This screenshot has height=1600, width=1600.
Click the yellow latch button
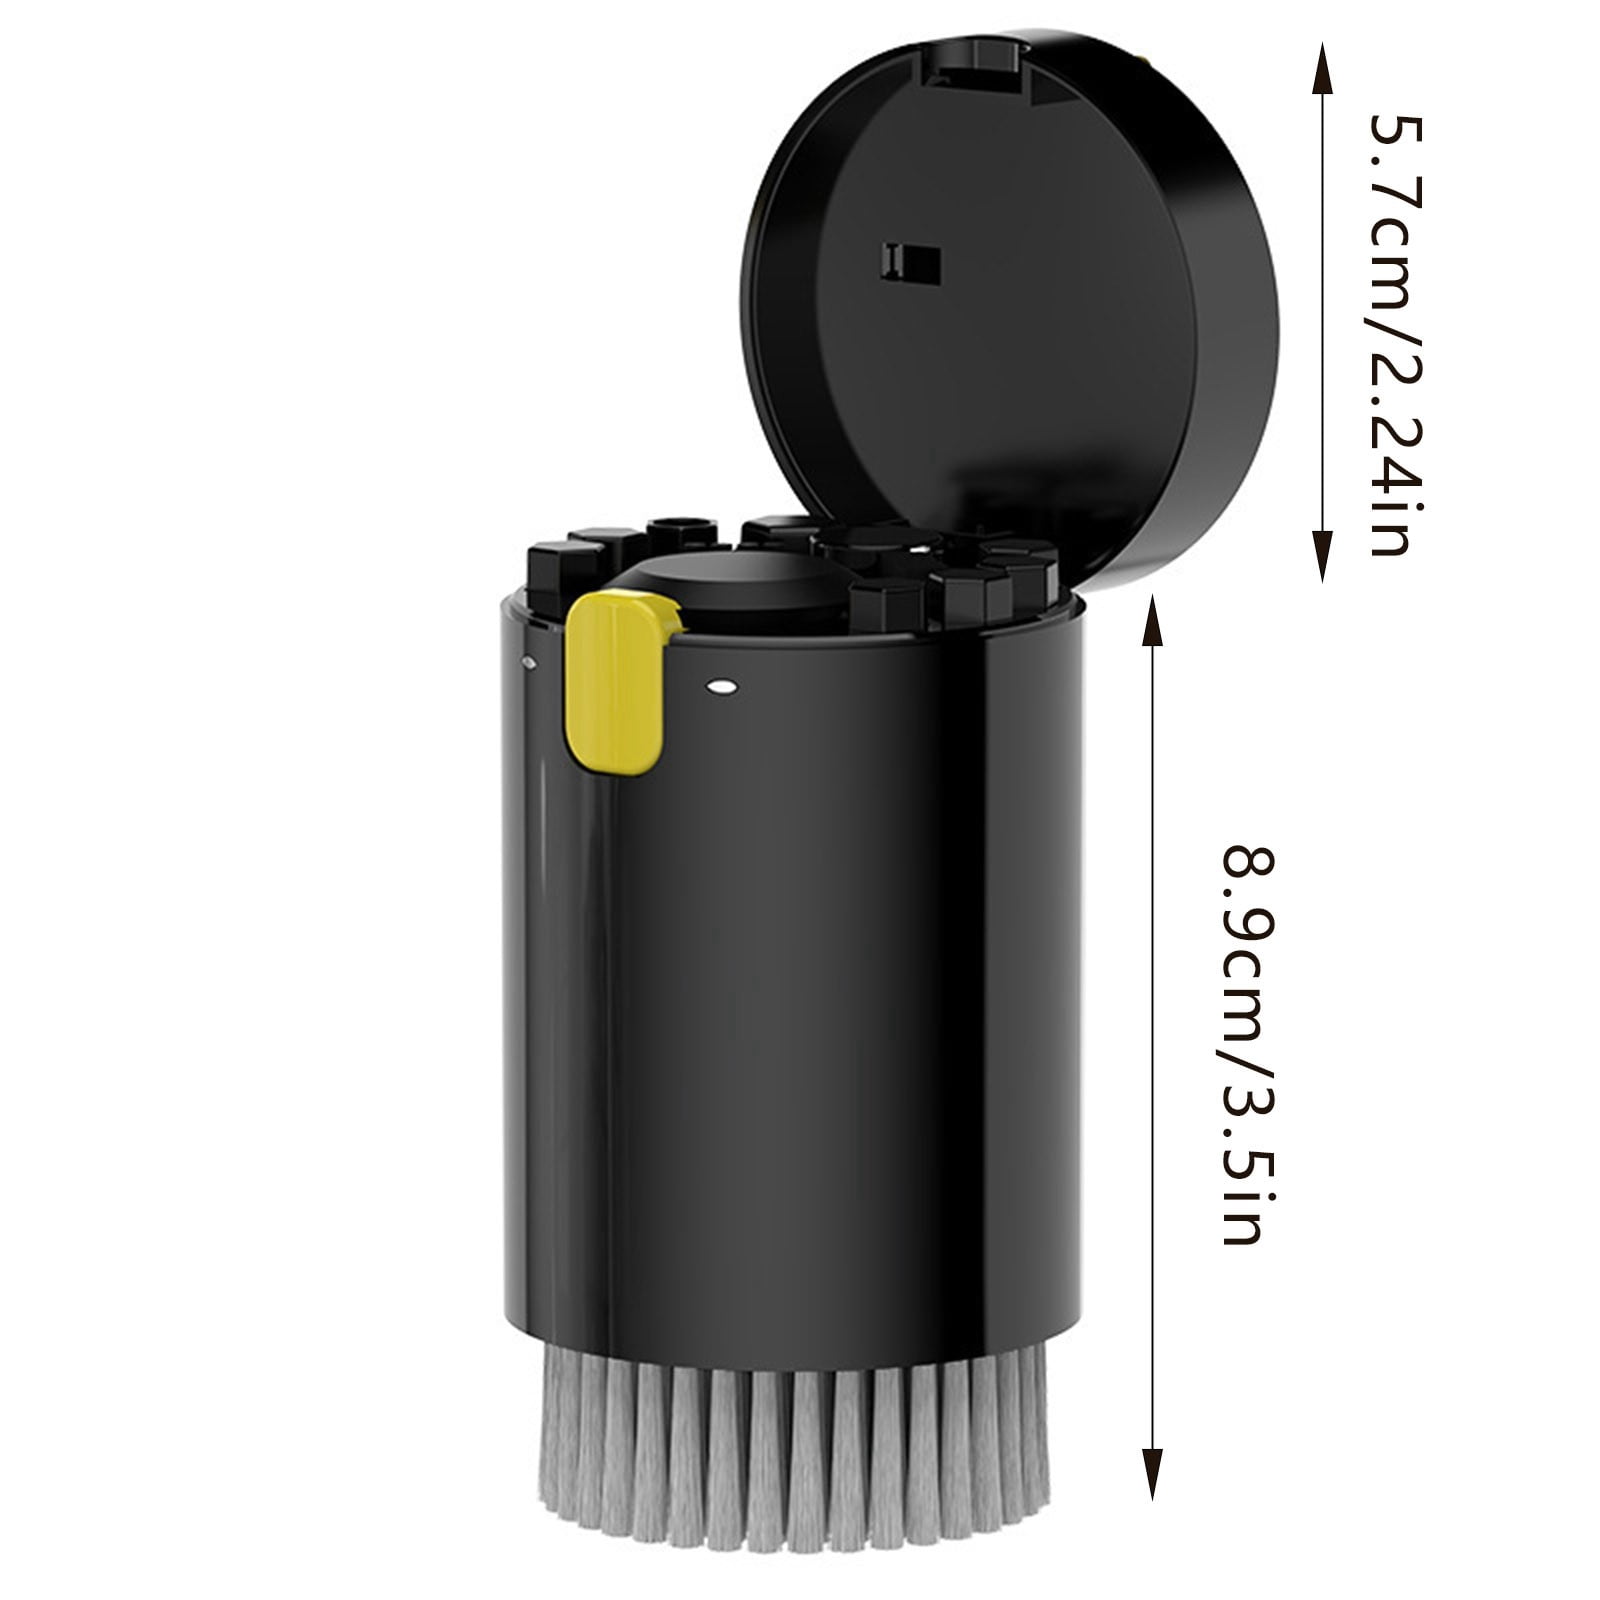click(618, 682)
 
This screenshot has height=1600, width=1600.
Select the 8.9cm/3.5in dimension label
click(1251, 1046)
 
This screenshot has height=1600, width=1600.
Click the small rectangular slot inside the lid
click(911, 263)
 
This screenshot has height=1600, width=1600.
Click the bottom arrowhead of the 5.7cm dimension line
click(1322, 556)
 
